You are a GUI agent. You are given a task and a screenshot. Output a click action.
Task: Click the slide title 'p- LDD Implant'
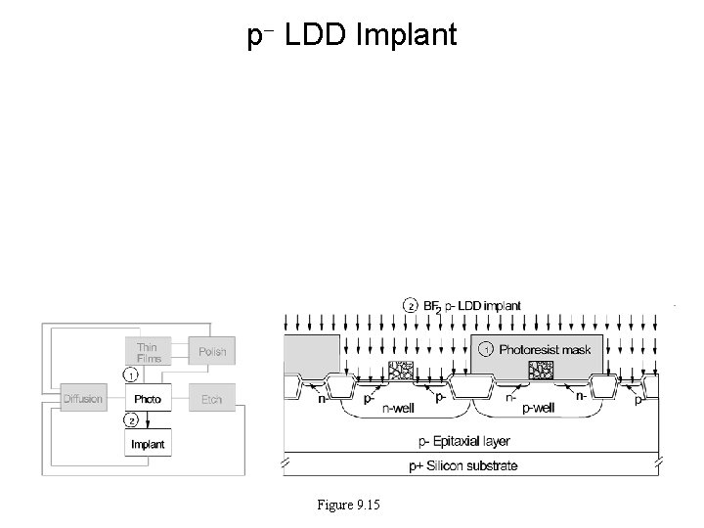[x=351, y=36]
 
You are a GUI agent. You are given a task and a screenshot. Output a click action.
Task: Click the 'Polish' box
[x=211, y=351]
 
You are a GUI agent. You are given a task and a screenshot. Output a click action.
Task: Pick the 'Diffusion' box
[x=83, y=399]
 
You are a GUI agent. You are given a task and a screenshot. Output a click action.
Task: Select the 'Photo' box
[x=147, y=399]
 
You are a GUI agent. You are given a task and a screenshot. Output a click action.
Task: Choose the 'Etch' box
[x=211, y=399]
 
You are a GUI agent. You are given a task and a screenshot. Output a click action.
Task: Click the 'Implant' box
[x=147, y=444]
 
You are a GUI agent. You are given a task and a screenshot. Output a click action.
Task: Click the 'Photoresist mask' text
[x=546, y=348]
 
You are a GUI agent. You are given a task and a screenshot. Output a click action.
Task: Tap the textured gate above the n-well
[x=399, y=371]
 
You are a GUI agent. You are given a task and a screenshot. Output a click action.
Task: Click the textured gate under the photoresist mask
[x=540, y=370]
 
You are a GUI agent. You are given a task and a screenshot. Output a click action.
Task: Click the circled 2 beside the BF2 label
[x=411, y=305]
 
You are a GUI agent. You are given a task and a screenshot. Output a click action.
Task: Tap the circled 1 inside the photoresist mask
[x=486, y=348]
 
